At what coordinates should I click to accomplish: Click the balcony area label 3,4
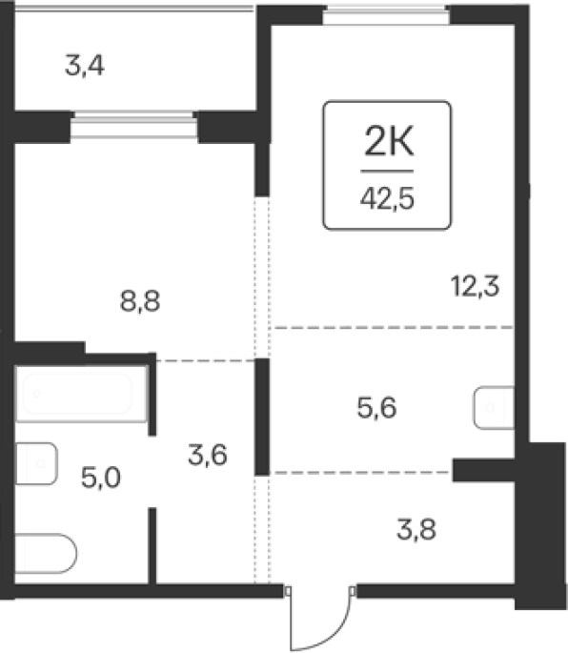85,66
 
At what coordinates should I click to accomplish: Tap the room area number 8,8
140,301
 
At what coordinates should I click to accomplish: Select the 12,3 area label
475,287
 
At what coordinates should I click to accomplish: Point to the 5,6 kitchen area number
376,407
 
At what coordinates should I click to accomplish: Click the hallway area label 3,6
208,455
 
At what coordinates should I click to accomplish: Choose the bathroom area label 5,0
101,478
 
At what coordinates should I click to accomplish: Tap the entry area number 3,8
416,530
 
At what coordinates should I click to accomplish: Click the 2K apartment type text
389,142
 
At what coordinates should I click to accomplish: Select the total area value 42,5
387,198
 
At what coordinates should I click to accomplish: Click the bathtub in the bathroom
81,394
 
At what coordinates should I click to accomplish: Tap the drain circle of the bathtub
36,394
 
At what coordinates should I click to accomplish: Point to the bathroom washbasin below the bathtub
36,463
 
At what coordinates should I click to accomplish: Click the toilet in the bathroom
46,554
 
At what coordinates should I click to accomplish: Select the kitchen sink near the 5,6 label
494,408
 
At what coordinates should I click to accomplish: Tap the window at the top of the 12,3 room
386,15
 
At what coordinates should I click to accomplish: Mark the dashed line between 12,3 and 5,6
392,328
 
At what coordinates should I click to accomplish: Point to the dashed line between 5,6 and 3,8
360,473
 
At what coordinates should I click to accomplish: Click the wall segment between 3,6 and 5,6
262,417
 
